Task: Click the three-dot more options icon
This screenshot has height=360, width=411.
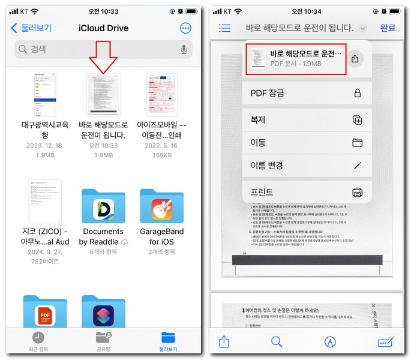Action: coord(185,28)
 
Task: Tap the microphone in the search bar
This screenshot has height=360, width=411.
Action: coord(184,49)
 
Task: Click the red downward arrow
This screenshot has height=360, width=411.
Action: coord(103,58)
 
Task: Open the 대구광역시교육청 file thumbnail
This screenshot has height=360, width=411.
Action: coord(45,94)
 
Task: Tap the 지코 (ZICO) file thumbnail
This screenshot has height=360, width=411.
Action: coord(45,201)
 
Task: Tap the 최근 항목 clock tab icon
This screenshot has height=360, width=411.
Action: coord(38,337)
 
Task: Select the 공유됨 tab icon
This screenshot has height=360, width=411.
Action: coord(103,337)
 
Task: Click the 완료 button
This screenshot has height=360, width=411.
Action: coord(388,28)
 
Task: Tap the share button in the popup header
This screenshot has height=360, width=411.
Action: coord(355,58)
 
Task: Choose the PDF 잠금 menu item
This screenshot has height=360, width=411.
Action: coord(307,93)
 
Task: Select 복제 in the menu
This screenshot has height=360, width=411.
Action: coord(307,120)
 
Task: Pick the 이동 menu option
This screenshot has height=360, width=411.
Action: coord(307,143)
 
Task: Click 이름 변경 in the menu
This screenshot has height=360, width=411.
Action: coord(307,165)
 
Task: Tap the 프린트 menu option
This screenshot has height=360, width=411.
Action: coord(307,192)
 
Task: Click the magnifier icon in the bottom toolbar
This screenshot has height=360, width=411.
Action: coord(277,341)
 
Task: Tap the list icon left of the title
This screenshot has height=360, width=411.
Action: coord(225,28)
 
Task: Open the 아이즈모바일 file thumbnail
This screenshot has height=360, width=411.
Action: coord(162,94)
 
